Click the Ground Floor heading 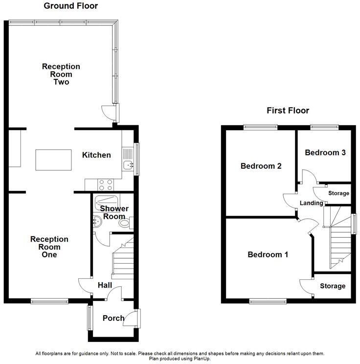(70, 6)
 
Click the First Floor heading (288, 111)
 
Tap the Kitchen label (96, 155)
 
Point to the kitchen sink (128, 165)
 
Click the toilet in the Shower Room (125, 224)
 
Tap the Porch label (113, 318)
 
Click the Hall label (105, 285)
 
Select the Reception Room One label (49, 247)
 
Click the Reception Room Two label (61, 74)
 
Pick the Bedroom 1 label (268, 254)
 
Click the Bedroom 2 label (261, 166)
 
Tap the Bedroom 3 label (325, 153)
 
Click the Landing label (312, 203)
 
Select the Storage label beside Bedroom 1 (333, 286)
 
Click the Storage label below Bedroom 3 (338, 193)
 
